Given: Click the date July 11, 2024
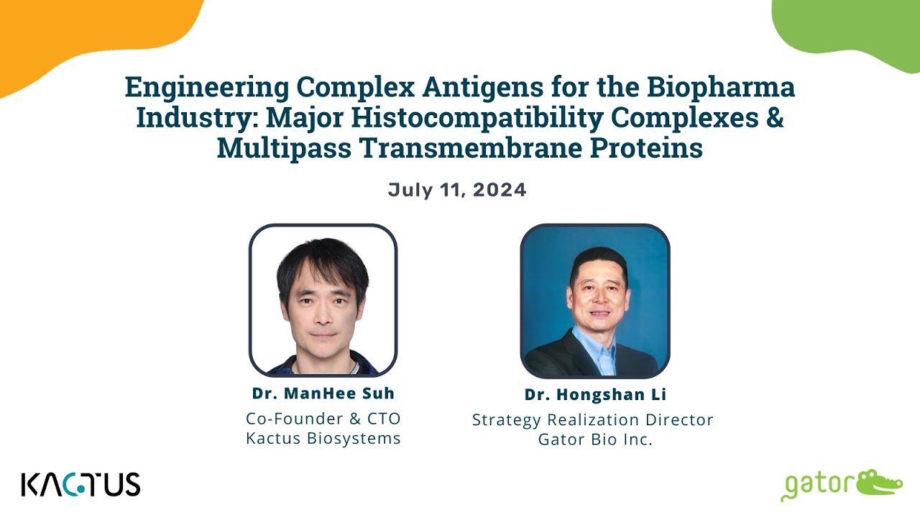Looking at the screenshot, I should point(457,190).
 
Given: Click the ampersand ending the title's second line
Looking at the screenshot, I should point(773,117).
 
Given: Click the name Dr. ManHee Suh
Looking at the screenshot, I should point(323,394).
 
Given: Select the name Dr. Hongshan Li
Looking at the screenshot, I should point(595,395).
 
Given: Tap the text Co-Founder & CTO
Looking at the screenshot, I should point(323,418).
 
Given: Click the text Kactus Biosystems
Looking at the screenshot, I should point(323,438).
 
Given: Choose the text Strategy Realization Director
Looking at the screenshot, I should point(592,419).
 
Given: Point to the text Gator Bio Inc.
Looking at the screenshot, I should point(595,440).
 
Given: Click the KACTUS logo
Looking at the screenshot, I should point(80,484).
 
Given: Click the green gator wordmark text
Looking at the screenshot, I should point(816,486).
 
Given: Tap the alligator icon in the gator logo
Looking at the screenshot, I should point(880,482).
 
